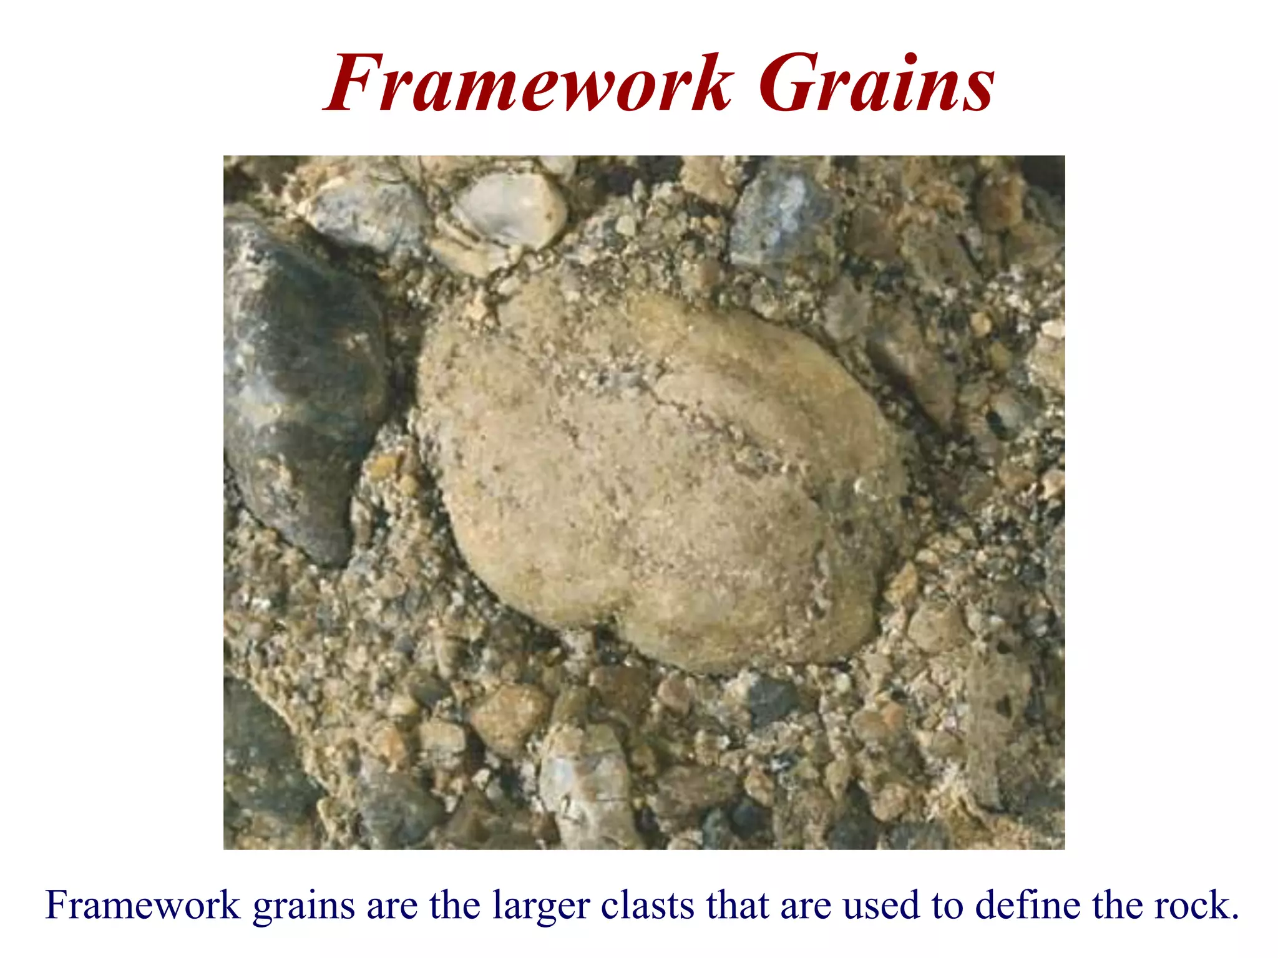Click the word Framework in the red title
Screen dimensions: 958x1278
(527, 84)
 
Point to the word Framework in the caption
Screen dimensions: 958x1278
(142, 906)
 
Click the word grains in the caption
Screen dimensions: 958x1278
(303, 906)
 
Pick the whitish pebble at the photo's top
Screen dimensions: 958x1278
(509, 209)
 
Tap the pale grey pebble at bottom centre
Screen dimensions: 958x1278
(583, 786)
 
